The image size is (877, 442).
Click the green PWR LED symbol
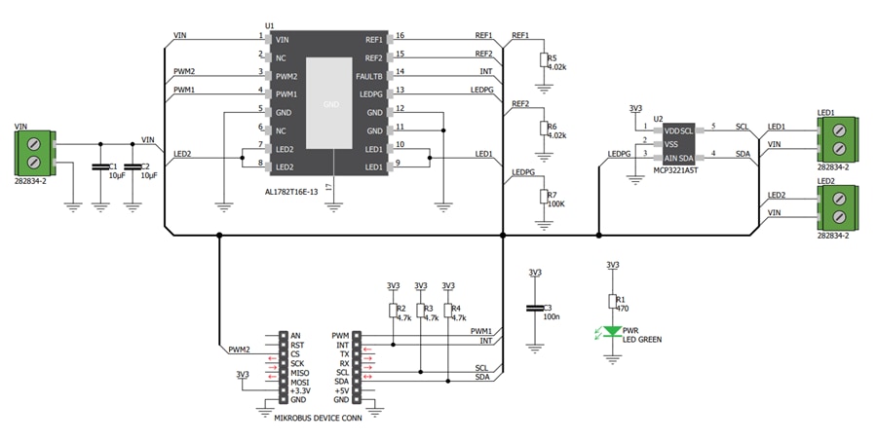click(612, 332)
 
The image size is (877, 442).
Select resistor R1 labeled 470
click(612, 302)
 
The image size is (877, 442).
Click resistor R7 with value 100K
click(543, 198)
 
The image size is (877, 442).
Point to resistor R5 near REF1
click(543, 60)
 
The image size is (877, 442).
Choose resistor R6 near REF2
click(543, 129)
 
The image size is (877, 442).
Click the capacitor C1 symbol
click(99, 166)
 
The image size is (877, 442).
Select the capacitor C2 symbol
click(133, 166)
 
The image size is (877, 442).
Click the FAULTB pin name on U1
click(369, 76)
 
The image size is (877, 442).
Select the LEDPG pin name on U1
click(370, 94)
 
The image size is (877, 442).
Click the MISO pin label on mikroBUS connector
click(301, 373)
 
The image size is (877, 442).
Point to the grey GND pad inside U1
click(330, 102)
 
